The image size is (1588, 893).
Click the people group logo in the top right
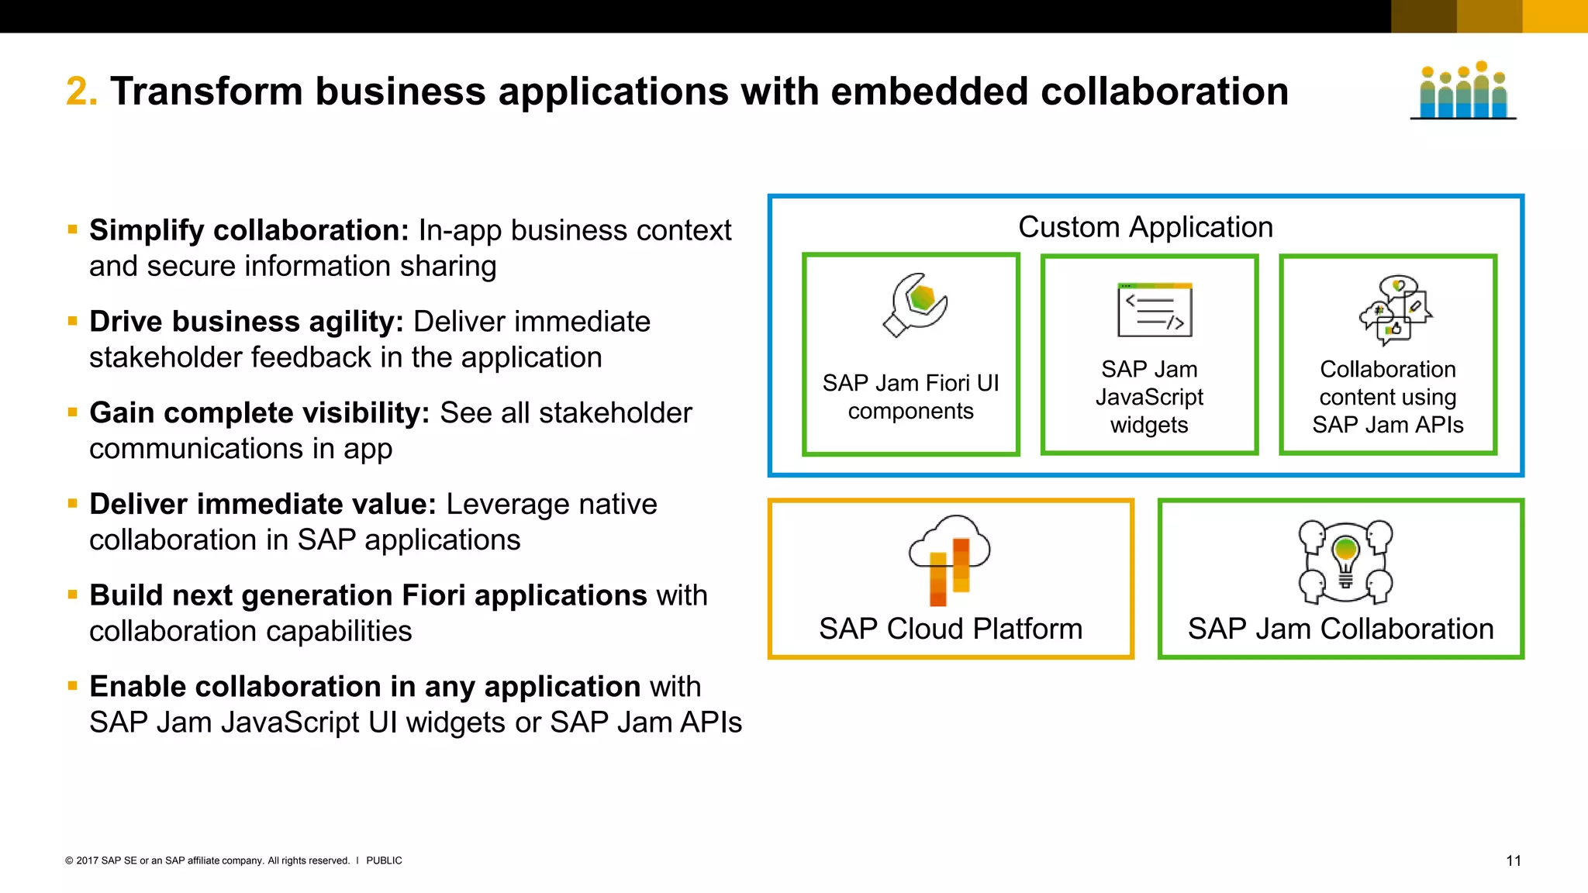(1463, 91)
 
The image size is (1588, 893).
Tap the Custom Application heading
(1145, 227)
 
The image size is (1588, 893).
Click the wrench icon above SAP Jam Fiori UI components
(915, 305)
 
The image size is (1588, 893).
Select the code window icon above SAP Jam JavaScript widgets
(1155, 310)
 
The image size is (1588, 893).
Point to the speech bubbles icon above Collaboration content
(1395, 310)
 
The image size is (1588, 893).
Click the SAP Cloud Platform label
(951, 629)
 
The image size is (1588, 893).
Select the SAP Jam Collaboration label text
(1341, 629)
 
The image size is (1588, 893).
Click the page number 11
(1513, 861)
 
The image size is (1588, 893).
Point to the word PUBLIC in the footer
(384, 860)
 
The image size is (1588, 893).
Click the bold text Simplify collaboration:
(249, 230)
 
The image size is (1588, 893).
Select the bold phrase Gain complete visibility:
(259, 413)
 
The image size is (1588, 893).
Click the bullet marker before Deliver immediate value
(73, 504)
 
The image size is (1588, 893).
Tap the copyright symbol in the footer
(69, 860)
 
